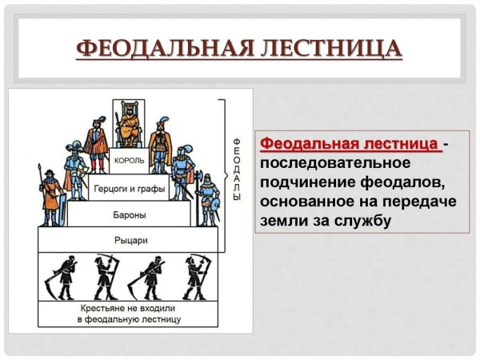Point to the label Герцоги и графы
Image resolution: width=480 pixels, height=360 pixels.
tap(129, 190)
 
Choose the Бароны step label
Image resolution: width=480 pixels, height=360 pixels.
tap(129, 214)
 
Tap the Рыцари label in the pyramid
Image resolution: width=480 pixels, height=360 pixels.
tap(129, 240)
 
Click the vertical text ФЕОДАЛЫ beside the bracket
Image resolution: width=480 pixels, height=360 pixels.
tap(236, 168)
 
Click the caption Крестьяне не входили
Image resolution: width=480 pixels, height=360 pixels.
tap(129, 308)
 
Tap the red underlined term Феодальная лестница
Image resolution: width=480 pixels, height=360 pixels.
tap(349, 144)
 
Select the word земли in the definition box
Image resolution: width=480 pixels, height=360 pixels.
tap(282, 218)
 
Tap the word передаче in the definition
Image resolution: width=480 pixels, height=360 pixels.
tap(419, 199)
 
